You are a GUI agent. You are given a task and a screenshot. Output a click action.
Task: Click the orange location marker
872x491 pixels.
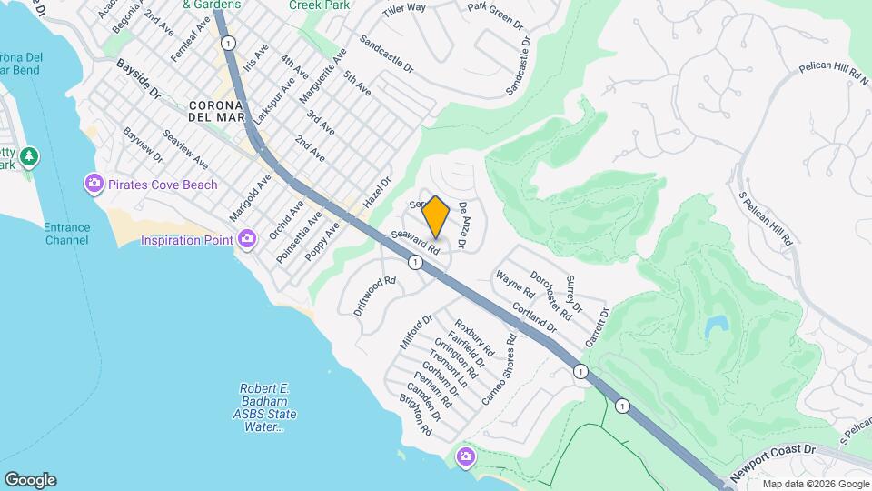click(436, 216)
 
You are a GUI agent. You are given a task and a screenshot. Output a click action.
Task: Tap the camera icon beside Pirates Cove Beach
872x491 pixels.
click(94, 185)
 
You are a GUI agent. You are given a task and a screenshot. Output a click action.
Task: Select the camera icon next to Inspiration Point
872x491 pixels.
click(247, 239)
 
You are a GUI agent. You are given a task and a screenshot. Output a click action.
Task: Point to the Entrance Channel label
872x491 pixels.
click(67, 234)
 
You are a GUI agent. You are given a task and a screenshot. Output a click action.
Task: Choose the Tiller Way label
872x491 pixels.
click(404, 7)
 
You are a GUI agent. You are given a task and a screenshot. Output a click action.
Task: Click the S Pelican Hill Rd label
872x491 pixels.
click(768, 219)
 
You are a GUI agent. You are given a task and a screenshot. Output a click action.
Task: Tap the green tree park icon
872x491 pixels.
click(30, 156)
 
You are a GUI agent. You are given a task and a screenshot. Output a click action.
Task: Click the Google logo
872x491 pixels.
click(30, 480)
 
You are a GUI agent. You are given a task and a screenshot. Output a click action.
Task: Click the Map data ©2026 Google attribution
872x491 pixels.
click(815, 484)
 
